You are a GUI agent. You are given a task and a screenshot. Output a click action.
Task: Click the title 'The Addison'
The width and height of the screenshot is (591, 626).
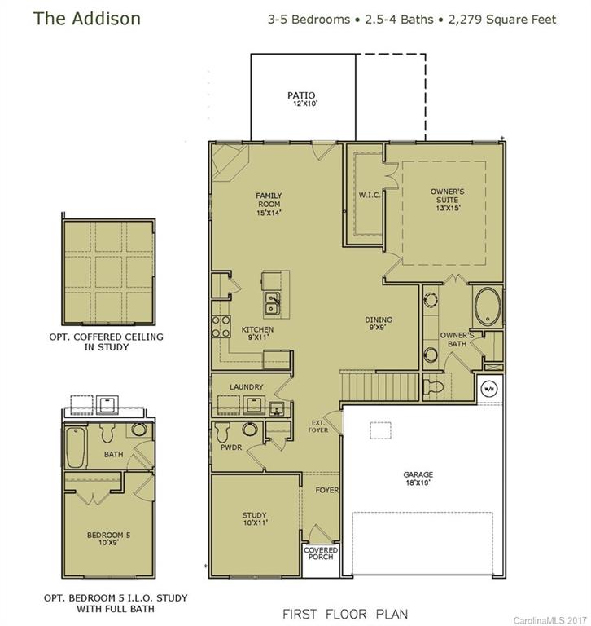75,18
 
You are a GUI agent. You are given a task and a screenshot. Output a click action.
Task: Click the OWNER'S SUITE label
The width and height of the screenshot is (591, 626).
444,196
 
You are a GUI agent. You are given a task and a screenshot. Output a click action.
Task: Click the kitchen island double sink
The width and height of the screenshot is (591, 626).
273,305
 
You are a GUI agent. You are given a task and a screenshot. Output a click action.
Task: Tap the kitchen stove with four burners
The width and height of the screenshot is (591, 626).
220,326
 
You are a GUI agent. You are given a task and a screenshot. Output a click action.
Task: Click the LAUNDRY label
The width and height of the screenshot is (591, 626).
246,386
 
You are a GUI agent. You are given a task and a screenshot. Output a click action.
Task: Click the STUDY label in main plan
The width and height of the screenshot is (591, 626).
254,518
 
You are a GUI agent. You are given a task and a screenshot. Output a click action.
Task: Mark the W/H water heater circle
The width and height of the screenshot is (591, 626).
491,388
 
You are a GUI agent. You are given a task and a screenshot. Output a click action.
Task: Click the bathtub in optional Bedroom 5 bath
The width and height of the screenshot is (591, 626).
76,447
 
